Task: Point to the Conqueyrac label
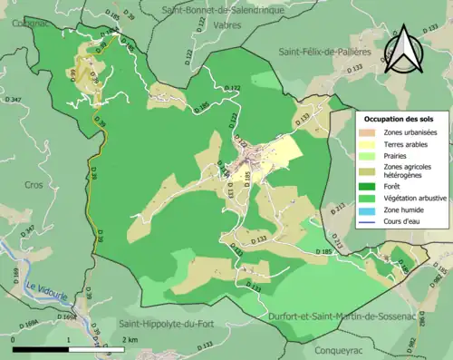click(x=341, y=345)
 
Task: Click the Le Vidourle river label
click(x=43, y=288)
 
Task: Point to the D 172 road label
click(x=233, y=88)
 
